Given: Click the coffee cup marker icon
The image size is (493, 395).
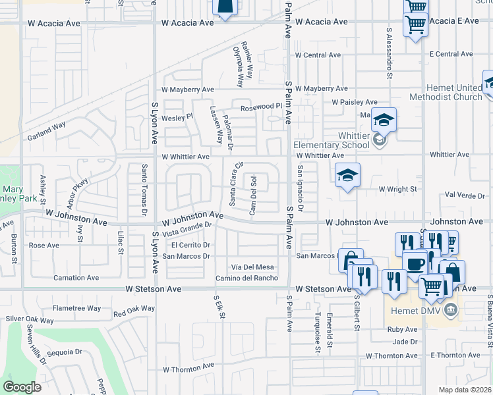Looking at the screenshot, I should point(415,264).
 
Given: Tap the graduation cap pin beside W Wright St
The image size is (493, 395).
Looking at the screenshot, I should point(347,176).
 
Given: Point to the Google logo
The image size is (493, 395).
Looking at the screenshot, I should point(22,387).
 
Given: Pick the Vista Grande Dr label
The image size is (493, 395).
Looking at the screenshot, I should point(186,228).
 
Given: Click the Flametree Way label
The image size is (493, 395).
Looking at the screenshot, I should point(77,307).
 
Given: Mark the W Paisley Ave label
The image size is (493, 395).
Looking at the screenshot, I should point(354,102).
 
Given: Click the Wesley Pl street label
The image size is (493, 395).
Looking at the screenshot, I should point(177,117).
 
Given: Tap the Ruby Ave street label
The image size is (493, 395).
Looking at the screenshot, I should point(403,329).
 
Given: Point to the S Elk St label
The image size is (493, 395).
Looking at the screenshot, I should point(219,307).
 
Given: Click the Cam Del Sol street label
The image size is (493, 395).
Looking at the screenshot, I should point(252,195).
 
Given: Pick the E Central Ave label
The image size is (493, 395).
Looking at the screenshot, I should point(451,54).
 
